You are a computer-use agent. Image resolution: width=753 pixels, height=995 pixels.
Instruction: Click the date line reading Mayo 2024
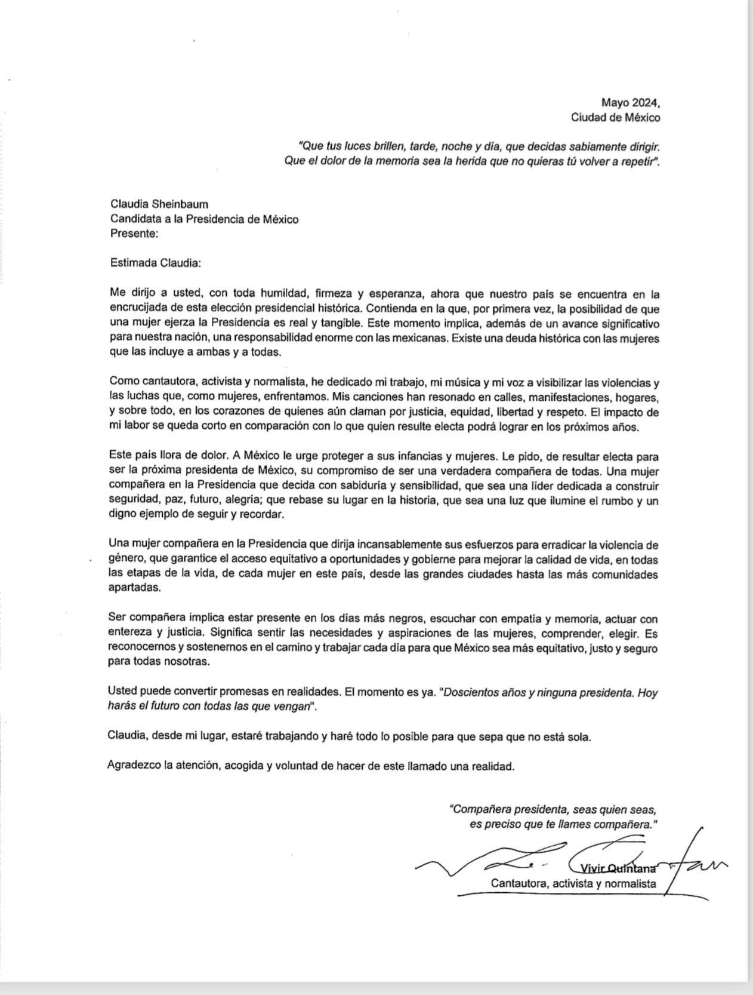tap(631, 102)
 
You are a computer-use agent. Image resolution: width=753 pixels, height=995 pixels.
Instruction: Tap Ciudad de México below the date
tap(616, 118)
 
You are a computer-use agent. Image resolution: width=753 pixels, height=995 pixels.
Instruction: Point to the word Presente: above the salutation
tap(134, 234)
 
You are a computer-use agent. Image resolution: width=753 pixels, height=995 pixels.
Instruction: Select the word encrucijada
tap(139, 309)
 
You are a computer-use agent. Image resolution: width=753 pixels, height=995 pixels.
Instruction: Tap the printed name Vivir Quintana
tap(615, 868)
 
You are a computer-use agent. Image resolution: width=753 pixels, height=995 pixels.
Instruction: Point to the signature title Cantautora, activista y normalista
tap(573, 883)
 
